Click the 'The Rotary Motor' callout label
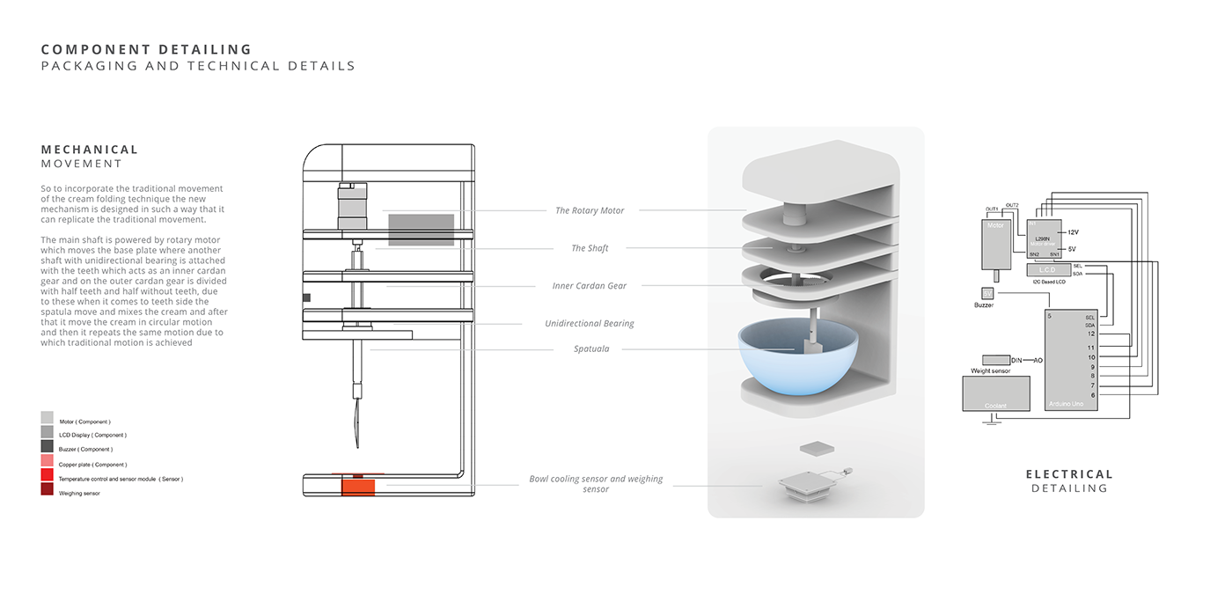tap(590, 210)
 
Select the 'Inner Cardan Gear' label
tap(590, 286)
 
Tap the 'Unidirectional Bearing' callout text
tap(590, 324)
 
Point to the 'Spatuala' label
tap(591, 349)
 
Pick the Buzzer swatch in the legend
tap(47, 446)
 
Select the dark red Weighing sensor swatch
tap(47, 489)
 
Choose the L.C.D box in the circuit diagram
tap(1046, 268)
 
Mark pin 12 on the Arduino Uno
tap(1091, 334)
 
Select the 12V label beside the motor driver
tap(1072, 231)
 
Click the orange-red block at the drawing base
tap(357, 486)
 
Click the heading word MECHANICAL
tap(90, 150)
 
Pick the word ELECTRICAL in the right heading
tap(1069, 474)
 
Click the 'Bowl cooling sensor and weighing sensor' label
tap(596, 484)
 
